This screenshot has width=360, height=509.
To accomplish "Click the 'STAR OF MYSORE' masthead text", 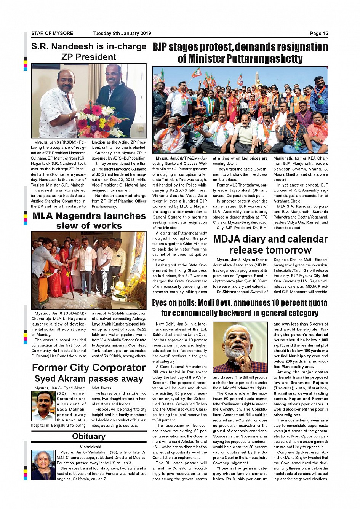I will tap(52, 33).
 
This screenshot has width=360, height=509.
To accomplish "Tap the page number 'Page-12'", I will tap(319, 33).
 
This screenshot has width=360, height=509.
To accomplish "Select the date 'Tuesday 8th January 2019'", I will tap(122, 33).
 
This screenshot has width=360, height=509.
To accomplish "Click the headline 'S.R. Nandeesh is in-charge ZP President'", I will tap(89, 52).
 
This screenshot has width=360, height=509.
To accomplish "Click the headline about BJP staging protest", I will tap(240, 53).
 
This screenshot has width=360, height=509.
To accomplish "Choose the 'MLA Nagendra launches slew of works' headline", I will tap(89, 221).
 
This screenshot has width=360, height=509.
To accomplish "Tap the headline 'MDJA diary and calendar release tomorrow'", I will tap(270, 244).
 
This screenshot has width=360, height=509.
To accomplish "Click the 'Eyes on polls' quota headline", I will tap(240, 308).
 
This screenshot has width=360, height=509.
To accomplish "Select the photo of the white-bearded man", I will tap(240, 347).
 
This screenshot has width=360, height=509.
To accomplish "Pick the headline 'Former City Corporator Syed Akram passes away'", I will tap(89, 373).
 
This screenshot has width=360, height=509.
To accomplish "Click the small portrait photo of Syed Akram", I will tap(43, 406).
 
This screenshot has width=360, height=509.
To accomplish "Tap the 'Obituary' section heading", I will tap(89, 436).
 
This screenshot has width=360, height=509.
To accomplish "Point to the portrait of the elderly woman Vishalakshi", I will tap(43, 465).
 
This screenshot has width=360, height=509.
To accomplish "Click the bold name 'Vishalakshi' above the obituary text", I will tap(90, 447).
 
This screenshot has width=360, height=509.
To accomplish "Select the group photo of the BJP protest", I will tap(240, 110).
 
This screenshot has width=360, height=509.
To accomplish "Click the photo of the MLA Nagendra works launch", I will tap(89, 270).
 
